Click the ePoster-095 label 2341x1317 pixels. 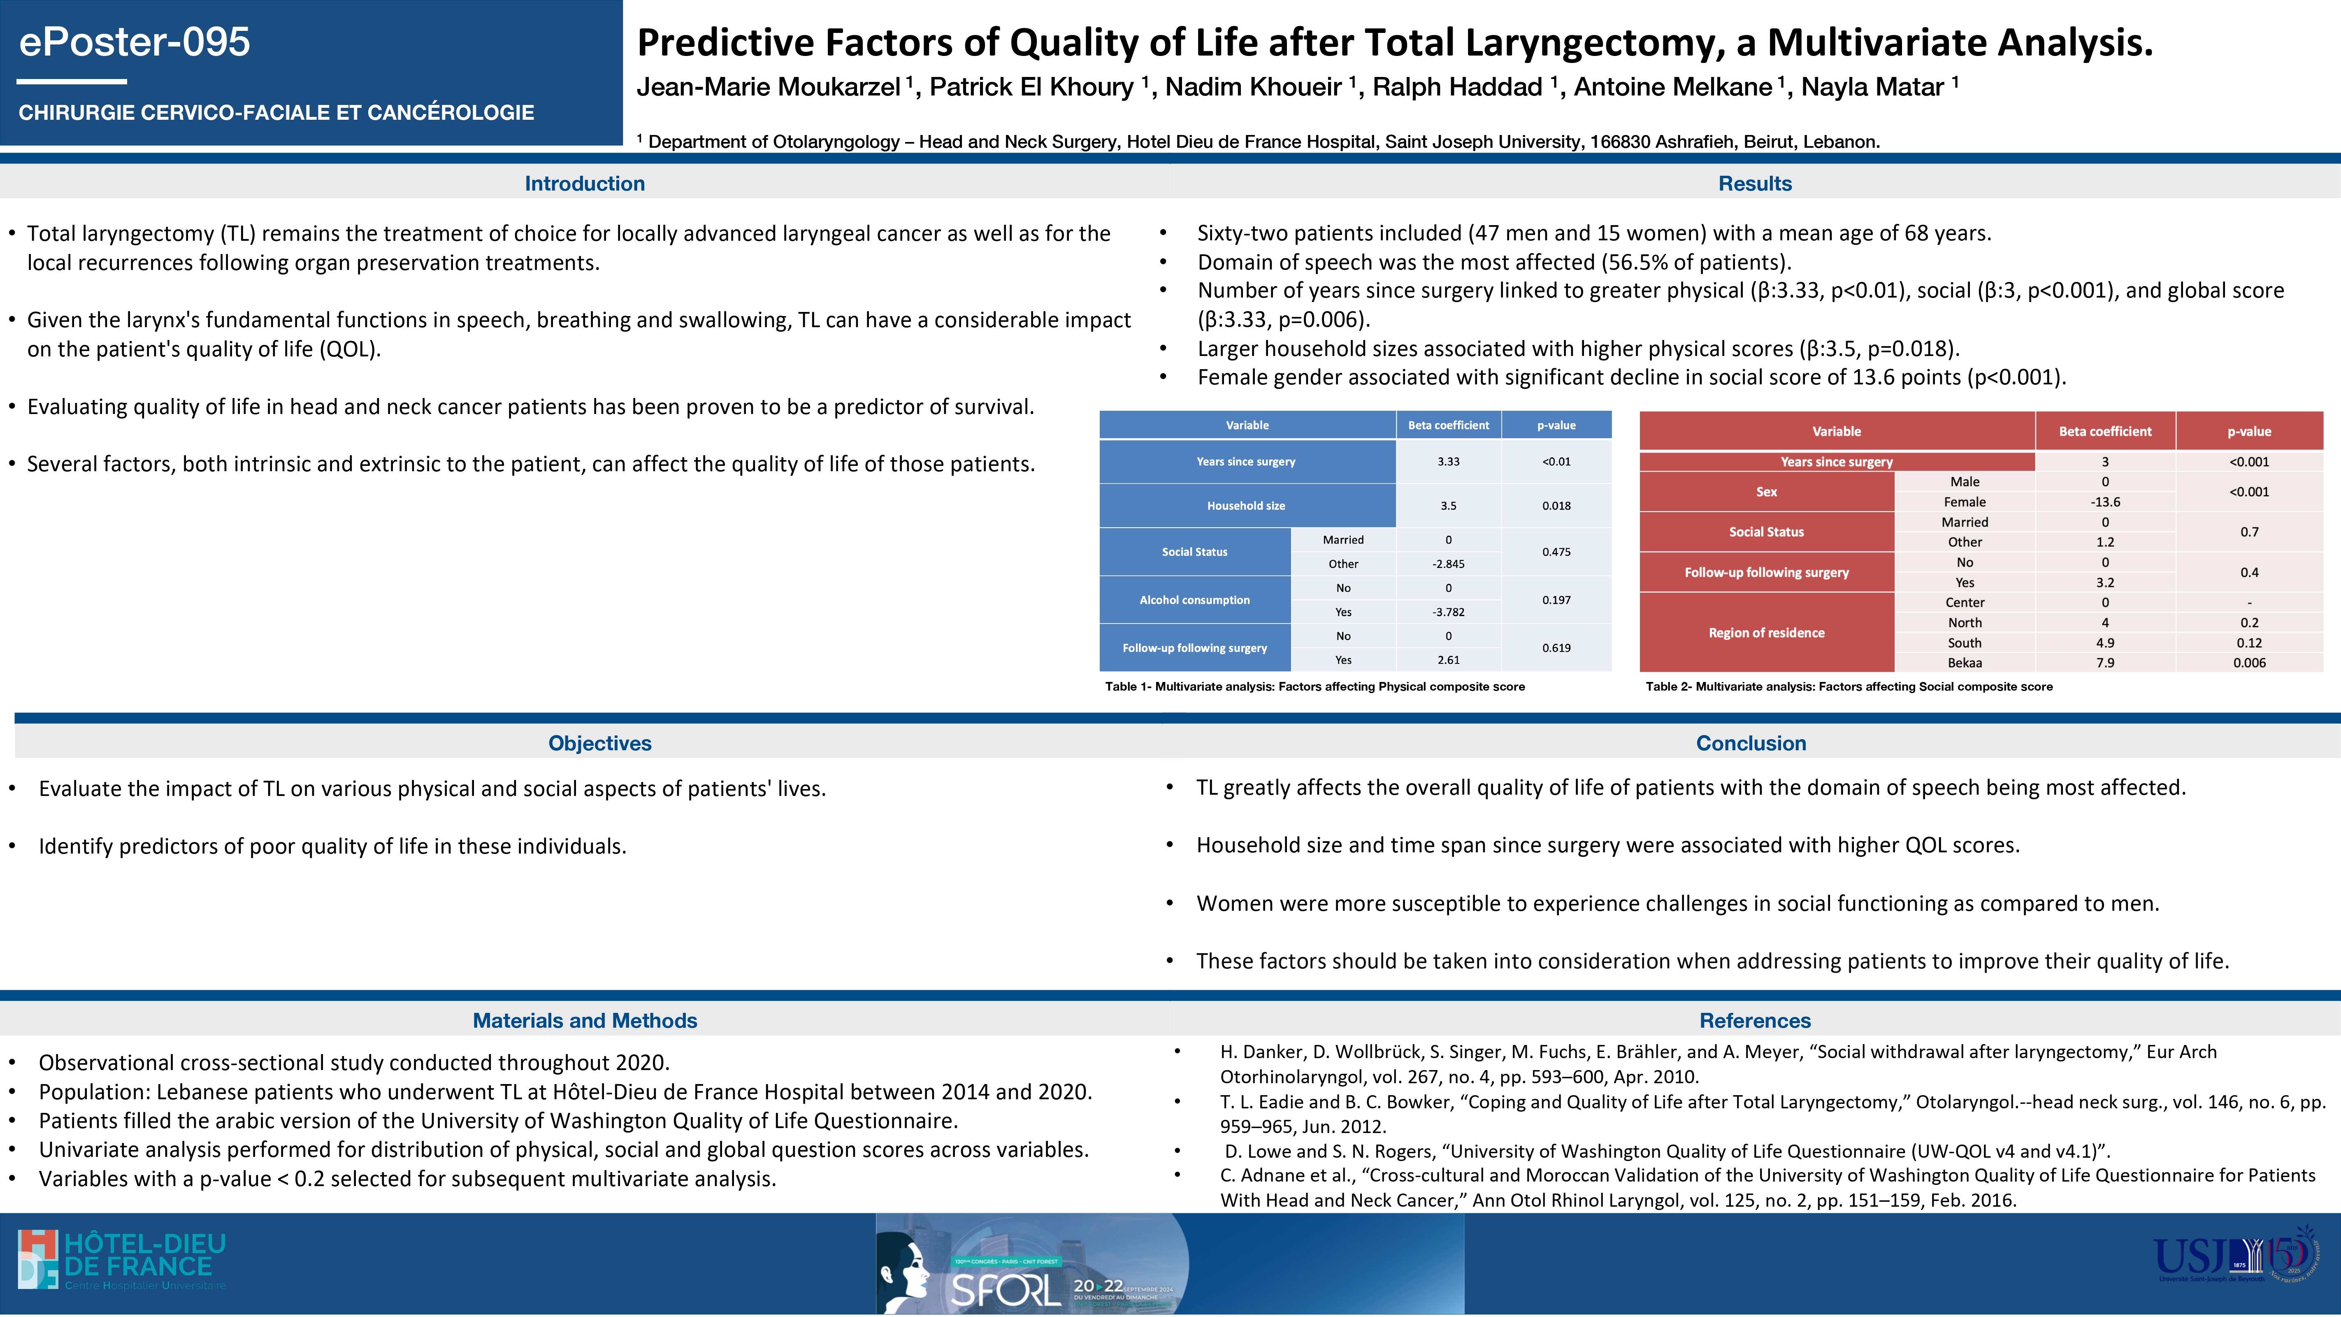[x=135, y=42]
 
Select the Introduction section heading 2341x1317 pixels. [x=584, y=184]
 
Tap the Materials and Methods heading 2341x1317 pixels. [x=584, y=1021]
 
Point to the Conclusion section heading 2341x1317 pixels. [x=1750, y=743]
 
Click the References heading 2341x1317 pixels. [x=1755, y=1021]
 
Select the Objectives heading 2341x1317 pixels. [x=600, y=743]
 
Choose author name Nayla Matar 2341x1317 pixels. [x=1872, y=87]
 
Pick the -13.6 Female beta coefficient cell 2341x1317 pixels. [x=2105, y=502]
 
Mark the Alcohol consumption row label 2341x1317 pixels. [x=1194, y=600]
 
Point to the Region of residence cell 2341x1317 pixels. [x=1766, y=633]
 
